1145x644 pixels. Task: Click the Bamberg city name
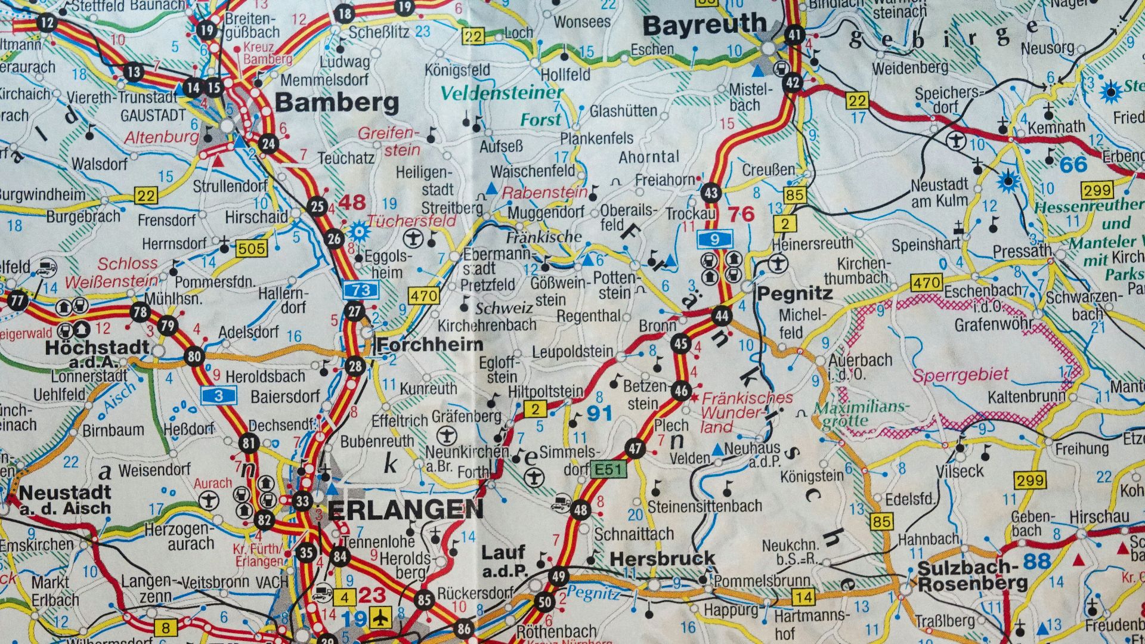click(337, 103)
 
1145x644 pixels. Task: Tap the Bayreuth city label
click(705, 26)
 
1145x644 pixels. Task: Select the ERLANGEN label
click(406, 510)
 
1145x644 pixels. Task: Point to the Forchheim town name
click(430, 345)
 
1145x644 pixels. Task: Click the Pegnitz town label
click(794, 293)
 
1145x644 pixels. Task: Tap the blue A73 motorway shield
click(361, 290)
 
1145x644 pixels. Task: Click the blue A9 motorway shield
click(714, 240)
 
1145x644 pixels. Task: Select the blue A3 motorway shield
click(219, 395)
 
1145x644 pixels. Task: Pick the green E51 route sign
click(608, 470)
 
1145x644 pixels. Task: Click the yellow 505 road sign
click(251, 247)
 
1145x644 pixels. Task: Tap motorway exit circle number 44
click(722, 315)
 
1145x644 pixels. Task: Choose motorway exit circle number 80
click(194, 357)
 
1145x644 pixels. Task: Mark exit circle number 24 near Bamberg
click(268, 144)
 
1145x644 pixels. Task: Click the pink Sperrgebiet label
click(960, 375)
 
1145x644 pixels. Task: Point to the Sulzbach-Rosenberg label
click(972, 575)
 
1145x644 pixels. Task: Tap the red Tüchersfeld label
click(411, 221)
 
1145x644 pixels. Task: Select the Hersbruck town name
click(663, 559)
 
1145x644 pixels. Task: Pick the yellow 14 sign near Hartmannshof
click(803, 597)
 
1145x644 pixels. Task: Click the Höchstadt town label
click(97, 348)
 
